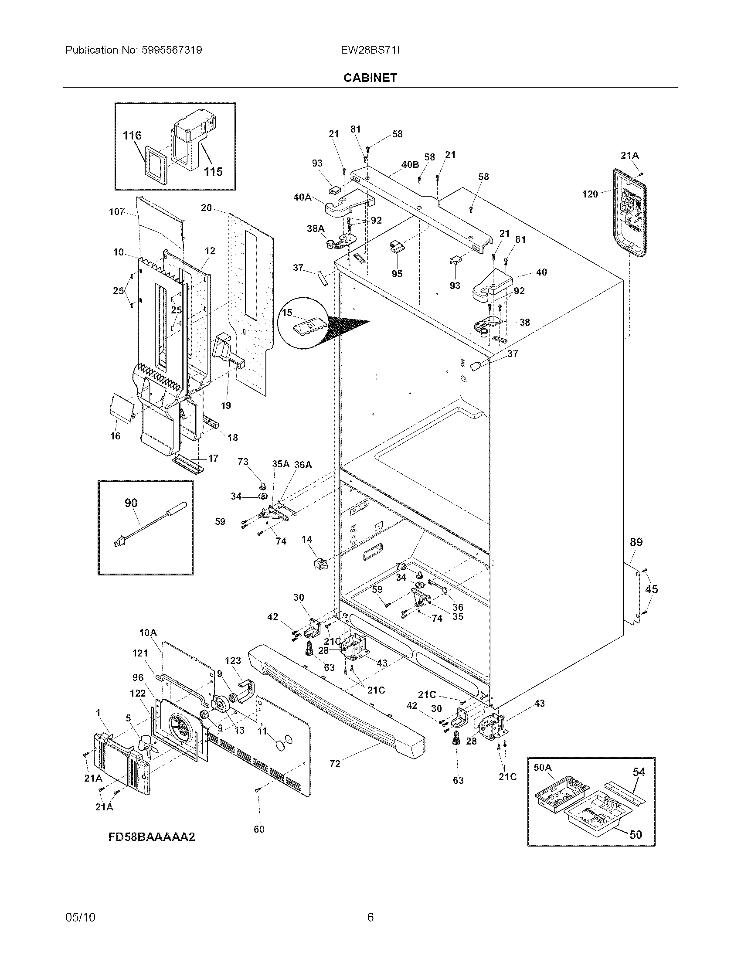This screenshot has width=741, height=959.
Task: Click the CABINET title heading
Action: (x=370, y=78)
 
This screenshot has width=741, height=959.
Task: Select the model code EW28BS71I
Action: (x=370, y=50)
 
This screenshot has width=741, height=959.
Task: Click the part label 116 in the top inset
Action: (x=132, y=135)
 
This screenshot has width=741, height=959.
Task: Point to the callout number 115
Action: (x=213, y=171)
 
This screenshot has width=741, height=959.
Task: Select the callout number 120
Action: (x=590, y=194)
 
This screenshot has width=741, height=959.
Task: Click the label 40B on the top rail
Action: (x=410, y=165)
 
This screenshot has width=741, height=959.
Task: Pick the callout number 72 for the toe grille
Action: (x=334, y=764)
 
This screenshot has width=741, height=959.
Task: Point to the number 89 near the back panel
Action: (x=636, y=542)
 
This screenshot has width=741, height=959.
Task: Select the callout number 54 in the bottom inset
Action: (x=639, y=772)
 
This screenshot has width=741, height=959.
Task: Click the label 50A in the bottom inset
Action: (x=543, y=767)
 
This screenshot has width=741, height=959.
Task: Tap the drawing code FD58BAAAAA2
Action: (x=151, y=837)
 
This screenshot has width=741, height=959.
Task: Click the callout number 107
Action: (x=117, y=212)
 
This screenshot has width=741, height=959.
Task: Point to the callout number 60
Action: (x=259, y=829)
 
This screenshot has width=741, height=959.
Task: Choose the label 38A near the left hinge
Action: (x=316, y=228)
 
